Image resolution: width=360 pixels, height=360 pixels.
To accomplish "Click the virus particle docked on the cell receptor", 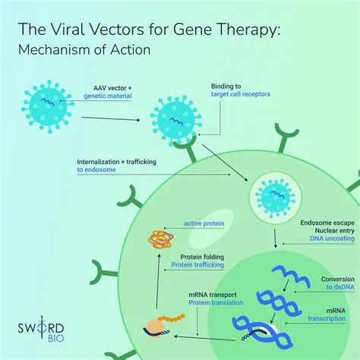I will pyautogui.click(x=175, y=120).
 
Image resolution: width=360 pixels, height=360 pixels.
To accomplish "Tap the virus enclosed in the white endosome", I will pyautogui.click(x=272, y=197).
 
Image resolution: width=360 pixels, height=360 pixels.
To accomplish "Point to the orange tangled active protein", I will pyautogui.click(x=159, y=241).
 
